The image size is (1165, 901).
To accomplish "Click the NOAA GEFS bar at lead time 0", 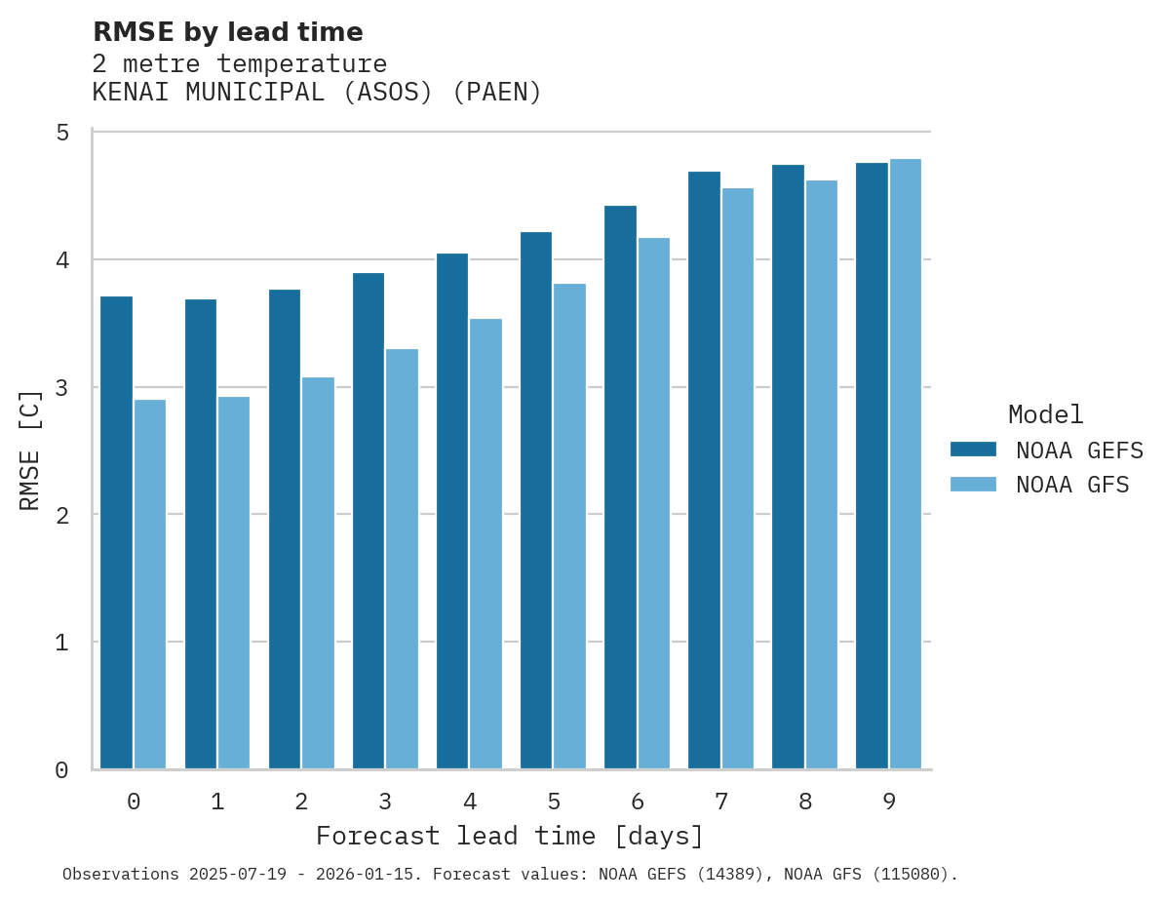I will pos(116,532).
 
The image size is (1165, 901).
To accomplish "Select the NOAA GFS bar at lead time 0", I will pos(150,584).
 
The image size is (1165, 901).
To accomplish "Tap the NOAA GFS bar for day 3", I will pos(402,559).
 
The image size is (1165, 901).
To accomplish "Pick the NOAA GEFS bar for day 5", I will pos(536,500).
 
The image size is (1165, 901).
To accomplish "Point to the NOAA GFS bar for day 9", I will pos(906,463).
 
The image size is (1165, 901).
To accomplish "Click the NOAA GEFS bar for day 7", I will pos(704,470).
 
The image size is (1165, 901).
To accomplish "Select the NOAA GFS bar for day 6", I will pos(654,503).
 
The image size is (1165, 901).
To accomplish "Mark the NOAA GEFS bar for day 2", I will pos(285,529).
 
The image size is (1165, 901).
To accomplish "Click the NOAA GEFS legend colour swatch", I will pos(973,450).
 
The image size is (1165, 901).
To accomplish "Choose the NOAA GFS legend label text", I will pos(1072,485).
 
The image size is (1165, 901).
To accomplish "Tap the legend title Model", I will pos(1046,414).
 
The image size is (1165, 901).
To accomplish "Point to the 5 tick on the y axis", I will pos(62,133).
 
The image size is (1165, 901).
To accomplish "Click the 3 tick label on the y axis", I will pos(62,387).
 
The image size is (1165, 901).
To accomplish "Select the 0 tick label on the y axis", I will pos(62,770).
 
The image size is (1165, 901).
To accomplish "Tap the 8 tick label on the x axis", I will pos(805,802).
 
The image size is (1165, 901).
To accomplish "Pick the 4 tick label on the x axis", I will pos(470,802).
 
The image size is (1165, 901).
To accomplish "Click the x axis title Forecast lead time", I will pos(510,837).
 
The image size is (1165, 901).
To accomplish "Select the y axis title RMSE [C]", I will pos(31,450).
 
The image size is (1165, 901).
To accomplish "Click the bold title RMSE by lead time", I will pos(228,32).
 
